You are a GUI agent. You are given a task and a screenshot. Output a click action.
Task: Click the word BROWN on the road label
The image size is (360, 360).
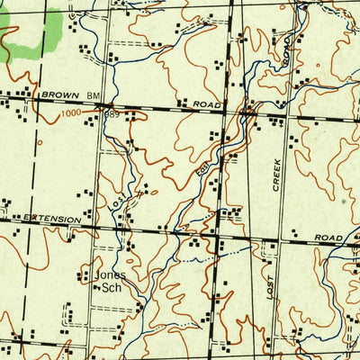59,94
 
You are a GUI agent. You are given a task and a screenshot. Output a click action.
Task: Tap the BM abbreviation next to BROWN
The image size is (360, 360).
94,95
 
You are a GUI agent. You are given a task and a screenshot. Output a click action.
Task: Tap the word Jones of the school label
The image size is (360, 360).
102,276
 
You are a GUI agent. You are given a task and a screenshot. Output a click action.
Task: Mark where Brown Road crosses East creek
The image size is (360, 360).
246,112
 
